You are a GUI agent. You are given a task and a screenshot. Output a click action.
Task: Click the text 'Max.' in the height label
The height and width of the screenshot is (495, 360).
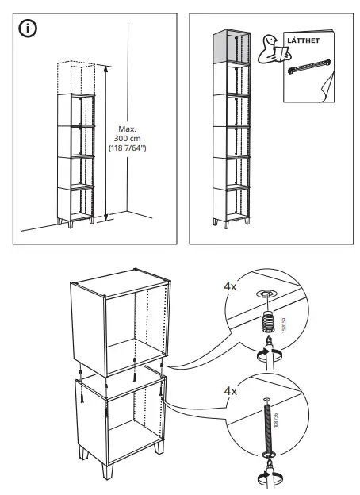coord(128,129)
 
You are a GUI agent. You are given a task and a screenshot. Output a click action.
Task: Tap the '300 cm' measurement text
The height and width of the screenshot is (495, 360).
coord(128,138)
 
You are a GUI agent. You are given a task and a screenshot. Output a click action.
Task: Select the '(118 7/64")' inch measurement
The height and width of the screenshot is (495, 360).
coord(128,148)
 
